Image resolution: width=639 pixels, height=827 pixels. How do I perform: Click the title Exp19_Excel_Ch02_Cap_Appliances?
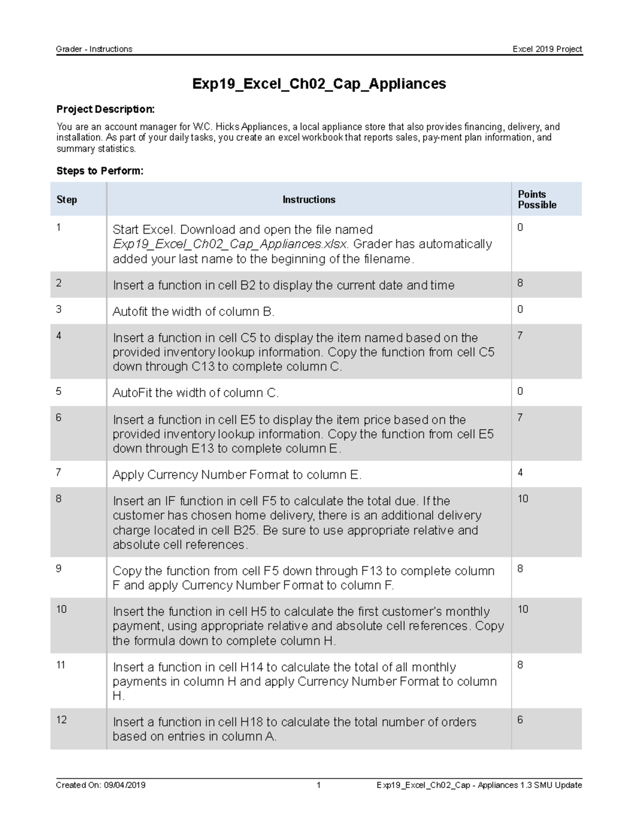click(319, 84)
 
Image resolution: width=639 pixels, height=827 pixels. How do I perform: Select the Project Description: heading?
click(105, 109)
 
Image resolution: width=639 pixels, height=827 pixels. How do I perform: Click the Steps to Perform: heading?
click(100, 171)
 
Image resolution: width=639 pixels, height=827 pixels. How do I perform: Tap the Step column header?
click(67, 200)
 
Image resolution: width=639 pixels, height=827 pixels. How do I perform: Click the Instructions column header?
click(308, 200)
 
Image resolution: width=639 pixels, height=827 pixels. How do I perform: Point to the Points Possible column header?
click(537, 200)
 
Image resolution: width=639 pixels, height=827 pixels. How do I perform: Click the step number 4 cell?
click(59, 335)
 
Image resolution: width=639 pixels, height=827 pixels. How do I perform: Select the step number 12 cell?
click(61, 720)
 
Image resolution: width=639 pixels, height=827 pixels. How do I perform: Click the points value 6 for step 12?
click(520, 720)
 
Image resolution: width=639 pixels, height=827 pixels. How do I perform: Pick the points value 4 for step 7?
click(520, 472)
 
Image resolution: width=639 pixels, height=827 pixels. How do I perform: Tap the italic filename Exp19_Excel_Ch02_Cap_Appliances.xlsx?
click(230, 244)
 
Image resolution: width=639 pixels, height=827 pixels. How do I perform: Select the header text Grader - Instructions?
click(94, 49)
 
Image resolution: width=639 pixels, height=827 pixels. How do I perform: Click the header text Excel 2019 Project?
click(547, 49)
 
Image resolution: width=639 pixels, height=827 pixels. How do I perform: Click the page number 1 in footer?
click(318, 785)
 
